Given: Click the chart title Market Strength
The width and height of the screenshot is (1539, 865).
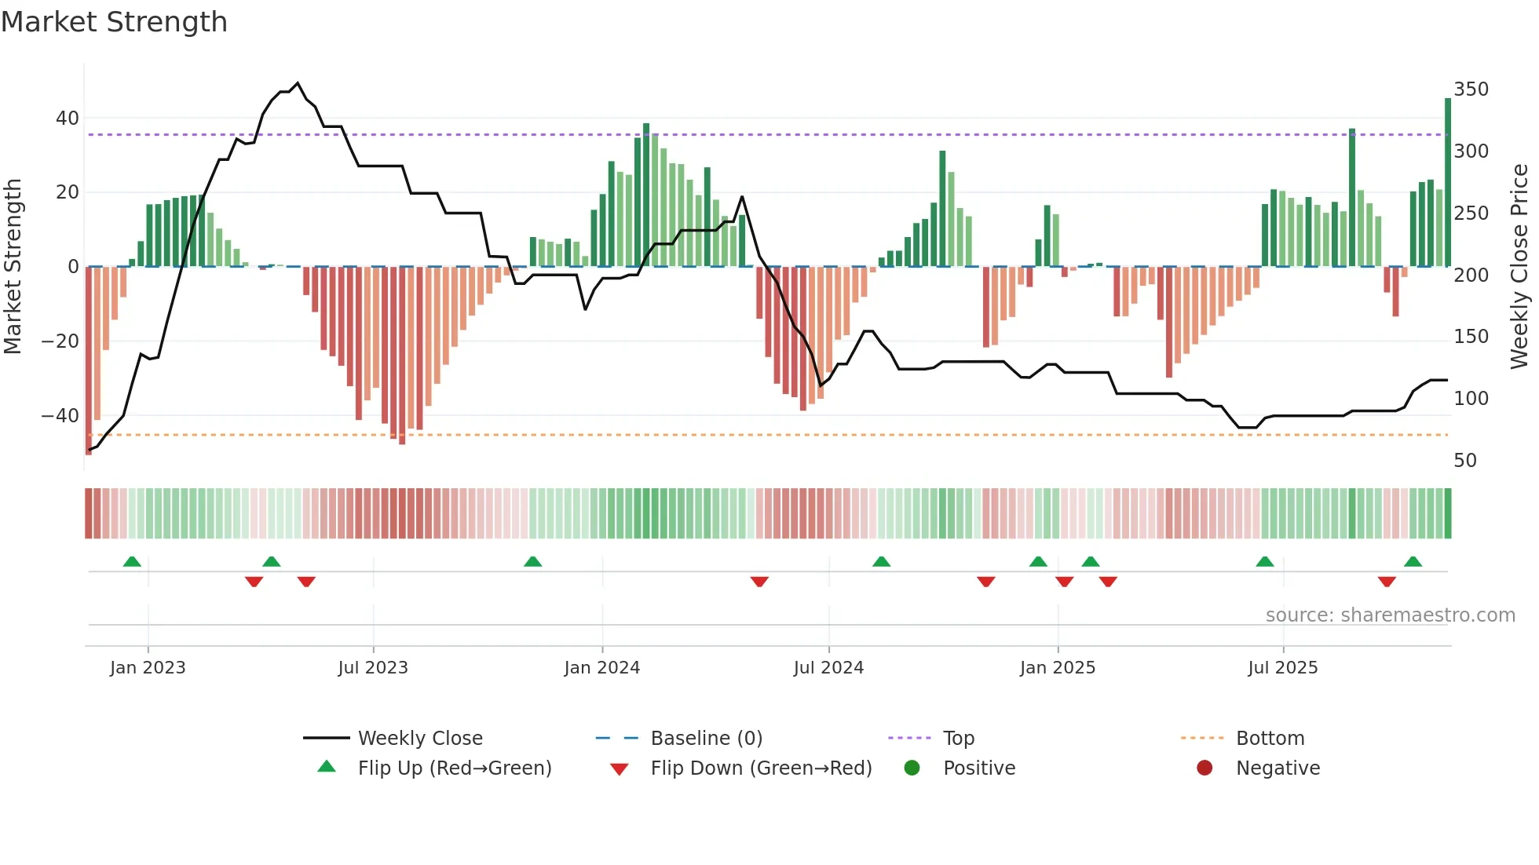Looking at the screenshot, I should tap(114, 22).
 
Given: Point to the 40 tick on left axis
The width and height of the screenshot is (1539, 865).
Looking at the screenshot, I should tap(68, 119).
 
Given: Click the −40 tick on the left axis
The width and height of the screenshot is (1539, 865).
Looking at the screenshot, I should tap(60, 415).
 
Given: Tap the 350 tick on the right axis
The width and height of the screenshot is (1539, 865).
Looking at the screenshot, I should tap(1471, 89).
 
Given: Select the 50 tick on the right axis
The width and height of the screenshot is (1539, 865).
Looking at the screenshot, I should tap(1465, 461).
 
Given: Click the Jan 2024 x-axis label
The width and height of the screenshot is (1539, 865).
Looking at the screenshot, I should tap(601, 668).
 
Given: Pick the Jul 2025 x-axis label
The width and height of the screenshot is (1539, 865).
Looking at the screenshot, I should tap(1282, 668).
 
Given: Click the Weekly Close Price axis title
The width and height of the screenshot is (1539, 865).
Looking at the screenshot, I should tap(1519, 267).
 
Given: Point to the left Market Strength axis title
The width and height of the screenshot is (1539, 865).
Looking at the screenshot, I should tap(13, 267).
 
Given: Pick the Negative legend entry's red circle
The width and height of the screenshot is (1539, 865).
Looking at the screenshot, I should tap(1205, 768).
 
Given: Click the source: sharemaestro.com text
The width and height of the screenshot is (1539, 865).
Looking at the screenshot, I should tap(1390, 615).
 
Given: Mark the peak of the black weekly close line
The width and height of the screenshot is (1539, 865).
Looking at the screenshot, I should tap(297, 83).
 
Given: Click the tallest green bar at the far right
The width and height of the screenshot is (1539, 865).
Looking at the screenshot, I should tap(1448, 181).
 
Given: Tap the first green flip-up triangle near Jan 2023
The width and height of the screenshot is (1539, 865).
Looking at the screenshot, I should tap(132, 562).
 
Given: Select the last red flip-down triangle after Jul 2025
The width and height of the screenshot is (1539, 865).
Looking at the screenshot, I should tap(1387, 582).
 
